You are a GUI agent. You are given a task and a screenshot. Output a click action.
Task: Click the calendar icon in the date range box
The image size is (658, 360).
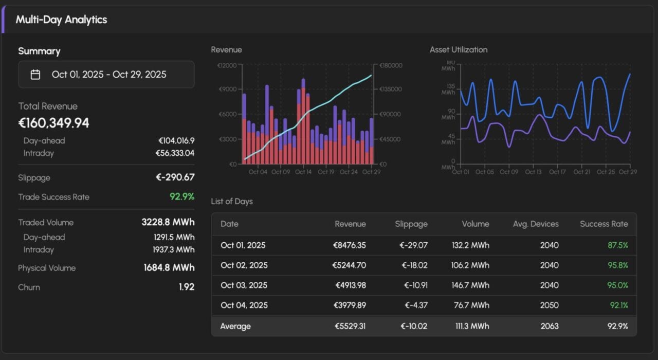pos(35,75)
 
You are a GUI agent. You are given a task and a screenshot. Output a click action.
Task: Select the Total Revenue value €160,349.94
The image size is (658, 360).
pos(54,123)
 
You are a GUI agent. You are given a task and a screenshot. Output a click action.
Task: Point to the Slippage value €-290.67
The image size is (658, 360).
pos(175,177)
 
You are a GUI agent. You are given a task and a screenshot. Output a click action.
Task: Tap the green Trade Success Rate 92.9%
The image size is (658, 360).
pos(182,197)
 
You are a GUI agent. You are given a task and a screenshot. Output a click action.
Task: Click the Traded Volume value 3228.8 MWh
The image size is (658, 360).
pos(168,223)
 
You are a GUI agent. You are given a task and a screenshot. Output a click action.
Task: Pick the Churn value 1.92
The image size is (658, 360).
pos(187,287)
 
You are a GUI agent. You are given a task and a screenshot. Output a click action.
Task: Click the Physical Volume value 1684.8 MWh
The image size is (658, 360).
pos(169,268)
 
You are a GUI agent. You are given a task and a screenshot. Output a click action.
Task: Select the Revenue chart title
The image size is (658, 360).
pos(226,50)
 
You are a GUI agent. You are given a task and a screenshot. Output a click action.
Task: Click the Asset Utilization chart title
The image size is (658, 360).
pos(459,50)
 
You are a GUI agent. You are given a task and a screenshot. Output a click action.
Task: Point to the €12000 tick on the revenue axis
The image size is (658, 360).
pos(227,66)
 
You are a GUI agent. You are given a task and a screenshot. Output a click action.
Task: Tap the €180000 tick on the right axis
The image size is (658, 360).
pos(391,66)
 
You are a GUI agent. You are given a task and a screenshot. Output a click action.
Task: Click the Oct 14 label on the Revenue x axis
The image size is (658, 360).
pos(303,172)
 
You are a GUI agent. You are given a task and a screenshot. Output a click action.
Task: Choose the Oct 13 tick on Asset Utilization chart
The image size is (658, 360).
pos(533,172)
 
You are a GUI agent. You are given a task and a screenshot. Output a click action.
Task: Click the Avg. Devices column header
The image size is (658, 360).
pos(536,224)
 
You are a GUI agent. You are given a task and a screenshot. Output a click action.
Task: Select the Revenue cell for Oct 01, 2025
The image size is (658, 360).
pos(350,245)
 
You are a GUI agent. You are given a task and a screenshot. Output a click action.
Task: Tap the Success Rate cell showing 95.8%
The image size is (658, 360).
pos(617,265)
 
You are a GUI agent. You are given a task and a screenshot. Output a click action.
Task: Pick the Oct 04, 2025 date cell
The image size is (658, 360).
pos(244,305)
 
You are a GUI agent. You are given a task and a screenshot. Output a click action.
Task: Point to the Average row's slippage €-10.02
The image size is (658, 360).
pos(413,326)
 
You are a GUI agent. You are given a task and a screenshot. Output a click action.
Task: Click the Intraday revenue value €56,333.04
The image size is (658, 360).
pos(175,153)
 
